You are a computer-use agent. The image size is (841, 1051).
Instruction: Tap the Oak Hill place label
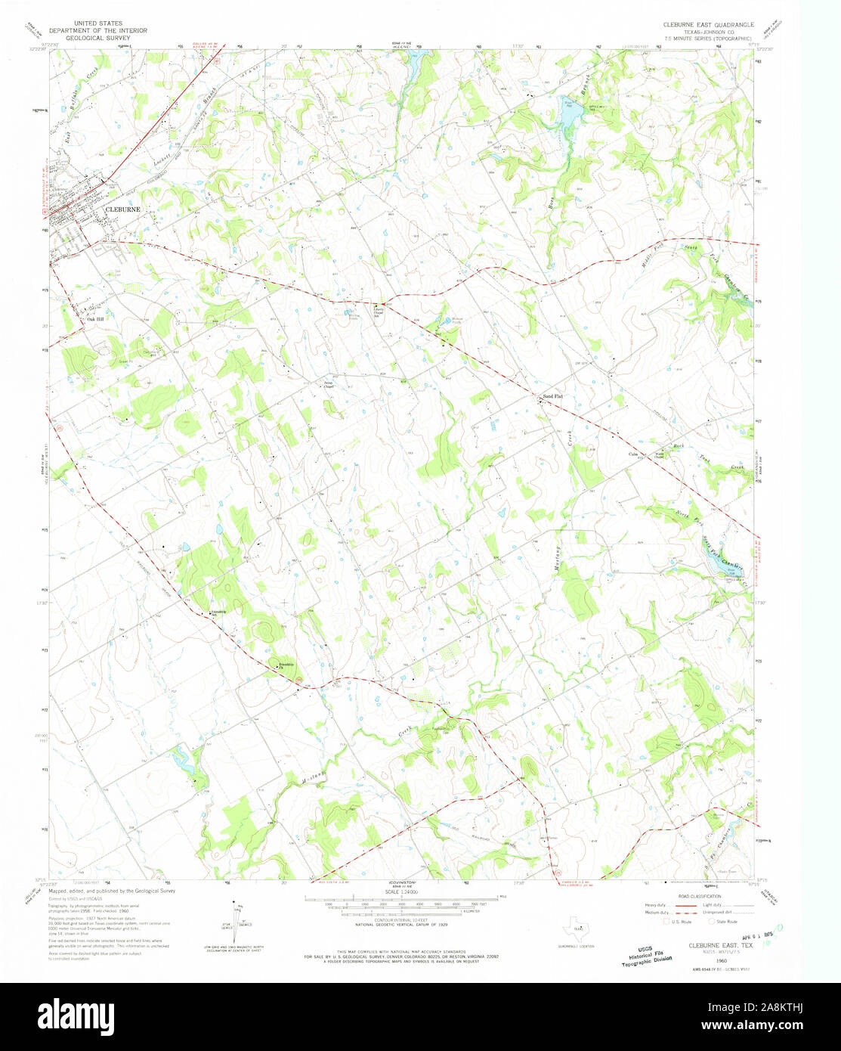click(x=95, y=320)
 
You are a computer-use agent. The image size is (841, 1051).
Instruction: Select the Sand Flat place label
click(x=553, y=396)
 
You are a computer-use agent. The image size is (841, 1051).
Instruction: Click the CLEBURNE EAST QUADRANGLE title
click(x=708, y=24)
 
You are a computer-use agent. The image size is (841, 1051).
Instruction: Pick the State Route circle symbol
click(x=710, y=922)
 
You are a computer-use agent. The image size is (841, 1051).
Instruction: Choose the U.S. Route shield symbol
click(x=666, y=922)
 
